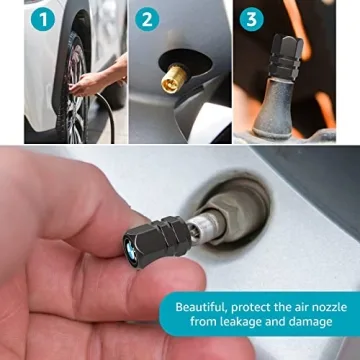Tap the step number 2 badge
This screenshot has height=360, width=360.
coord(147,17)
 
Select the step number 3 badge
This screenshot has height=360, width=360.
coord(251,17)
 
